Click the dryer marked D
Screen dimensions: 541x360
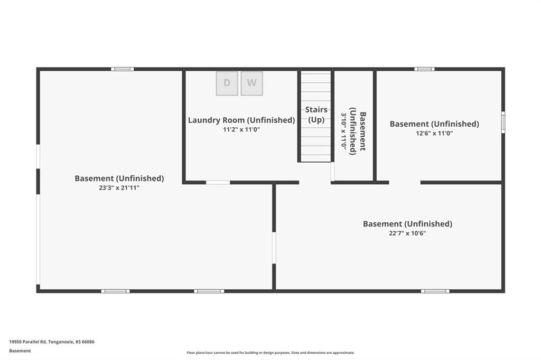click(227, 83)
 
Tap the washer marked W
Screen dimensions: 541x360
click(251, 83)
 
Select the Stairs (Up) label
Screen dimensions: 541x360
click(316, 115)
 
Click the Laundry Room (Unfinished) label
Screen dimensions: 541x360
click(241, 120)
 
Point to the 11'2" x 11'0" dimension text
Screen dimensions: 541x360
click(241, 130)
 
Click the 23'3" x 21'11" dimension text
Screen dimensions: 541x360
click(119, 188)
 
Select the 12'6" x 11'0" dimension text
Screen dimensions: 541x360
click(434, 133)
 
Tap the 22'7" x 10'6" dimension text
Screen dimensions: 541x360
click(407, 233)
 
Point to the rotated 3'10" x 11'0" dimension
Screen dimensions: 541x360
click(343, 131)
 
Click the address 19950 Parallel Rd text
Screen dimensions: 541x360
click(51, 342)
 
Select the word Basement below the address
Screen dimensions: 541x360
click(20, 350)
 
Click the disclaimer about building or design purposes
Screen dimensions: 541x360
click(270, 353)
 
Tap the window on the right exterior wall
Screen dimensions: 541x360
click(503, 122)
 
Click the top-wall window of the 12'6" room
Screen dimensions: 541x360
click(424, 69)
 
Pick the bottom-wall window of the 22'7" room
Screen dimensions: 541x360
click(435, 291)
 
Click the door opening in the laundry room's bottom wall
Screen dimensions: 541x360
click(218, 183)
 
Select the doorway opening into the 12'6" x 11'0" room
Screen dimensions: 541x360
click(405, 183)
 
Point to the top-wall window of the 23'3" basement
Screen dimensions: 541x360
click(123, 69)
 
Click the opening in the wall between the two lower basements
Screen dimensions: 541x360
click(274, 248)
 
